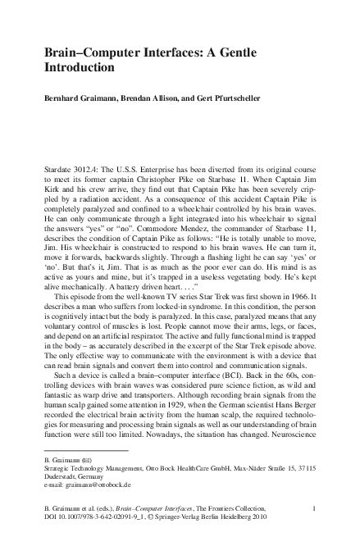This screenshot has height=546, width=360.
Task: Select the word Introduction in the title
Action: click(81, 67)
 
